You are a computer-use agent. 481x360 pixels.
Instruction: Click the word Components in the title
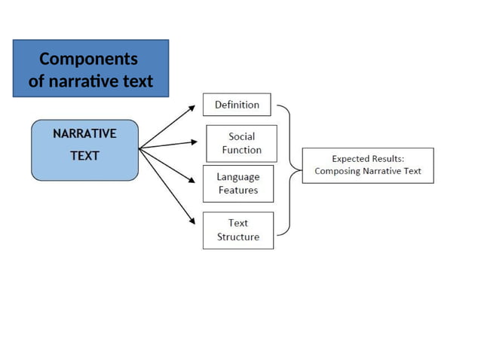click(x=88, y=59)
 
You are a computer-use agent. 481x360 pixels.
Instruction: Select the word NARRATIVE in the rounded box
click(x=84, y=133)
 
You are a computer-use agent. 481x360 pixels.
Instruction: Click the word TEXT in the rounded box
click(x=84, y=156)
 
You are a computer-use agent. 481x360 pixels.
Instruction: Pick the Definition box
click(x=237, y=105)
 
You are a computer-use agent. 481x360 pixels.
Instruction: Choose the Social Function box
click(x=241, y=143)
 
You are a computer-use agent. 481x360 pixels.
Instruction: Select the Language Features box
click(x=238, y=184)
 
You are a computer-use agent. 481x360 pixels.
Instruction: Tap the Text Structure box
click(x=238, y=230)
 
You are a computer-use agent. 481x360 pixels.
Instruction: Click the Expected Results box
click(x=368, y=165)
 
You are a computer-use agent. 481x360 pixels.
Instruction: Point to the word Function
click(x=242, y=150)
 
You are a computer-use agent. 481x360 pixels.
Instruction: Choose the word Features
click(x=238, y=191)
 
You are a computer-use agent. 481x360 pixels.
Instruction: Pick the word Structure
click(x=238, y=236)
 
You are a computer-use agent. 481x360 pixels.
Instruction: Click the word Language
click(x=238, y=177)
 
